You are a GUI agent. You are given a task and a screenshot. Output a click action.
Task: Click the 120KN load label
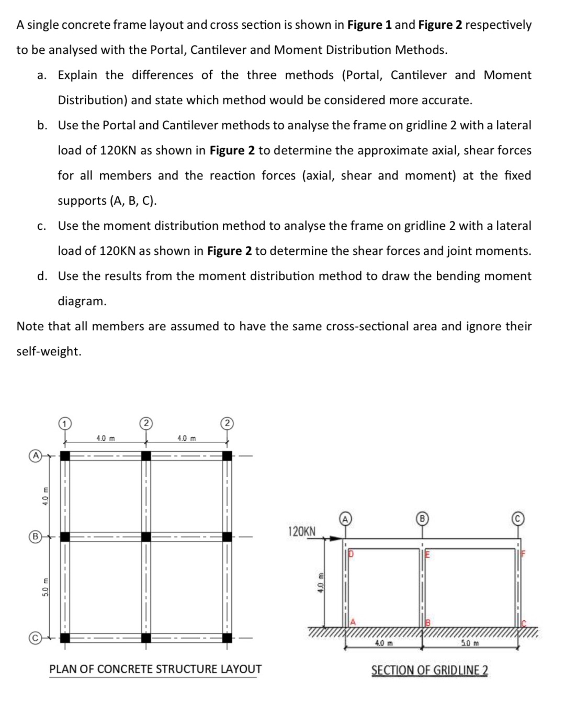302,531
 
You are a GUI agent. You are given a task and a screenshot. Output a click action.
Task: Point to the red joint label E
427,554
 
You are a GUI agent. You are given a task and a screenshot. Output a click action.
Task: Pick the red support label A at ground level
353,622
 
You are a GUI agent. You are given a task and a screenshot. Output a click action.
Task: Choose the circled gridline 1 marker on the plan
64,423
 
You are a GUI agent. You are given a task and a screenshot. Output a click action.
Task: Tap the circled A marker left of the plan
35,455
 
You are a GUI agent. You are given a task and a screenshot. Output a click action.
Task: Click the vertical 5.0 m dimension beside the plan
46,587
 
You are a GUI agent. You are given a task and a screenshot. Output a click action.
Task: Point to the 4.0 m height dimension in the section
321,582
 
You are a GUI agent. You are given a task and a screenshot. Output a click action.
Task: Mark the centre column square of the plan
146,537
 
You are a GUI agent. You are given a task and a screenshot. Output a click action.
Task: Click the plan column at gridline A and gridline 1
65,456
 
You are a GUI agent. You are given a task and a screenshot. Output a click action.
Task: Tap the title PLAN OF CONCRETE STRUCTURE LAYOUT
155,669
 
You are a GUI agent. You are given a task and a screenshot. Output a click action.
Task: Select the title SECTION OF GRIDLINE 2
430,670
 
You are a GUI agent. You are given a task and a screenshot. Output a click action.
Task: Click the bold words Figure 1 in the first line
369,25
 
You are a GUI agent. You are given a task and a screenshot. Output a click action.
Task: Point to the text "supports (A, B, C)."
107,201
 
